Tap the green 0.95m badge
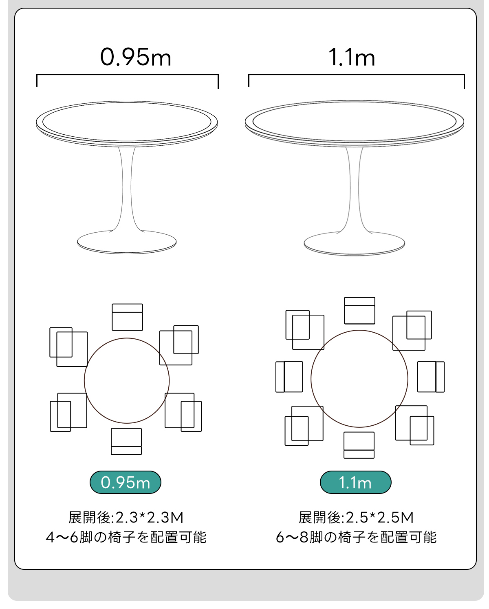(x=125, y=482)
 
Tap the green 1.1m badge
(x=355, y=482)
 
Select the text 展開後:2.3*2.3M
(x=126, y=518)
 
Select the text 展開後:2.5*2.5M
(x=356, y=518)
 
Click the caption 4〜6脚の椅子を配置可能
(x=126, y=537)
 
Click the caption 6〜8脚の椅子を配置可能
(x=356, y=537)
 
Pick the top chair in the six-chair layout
(x=127, y=317)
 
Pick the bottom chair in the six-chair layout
(x=126, y=442)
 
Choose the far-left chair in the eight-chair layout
(x=289, y=377)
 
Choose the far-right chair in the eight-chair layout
(x=431, y=377)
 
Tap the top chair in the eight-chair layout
(x=359, y=311)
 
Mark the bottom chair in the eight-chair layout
(x=359, y=445)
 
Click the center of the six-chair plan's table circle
(x=127, y=380)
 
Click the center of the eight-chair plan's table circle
(x=359, y=379)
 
